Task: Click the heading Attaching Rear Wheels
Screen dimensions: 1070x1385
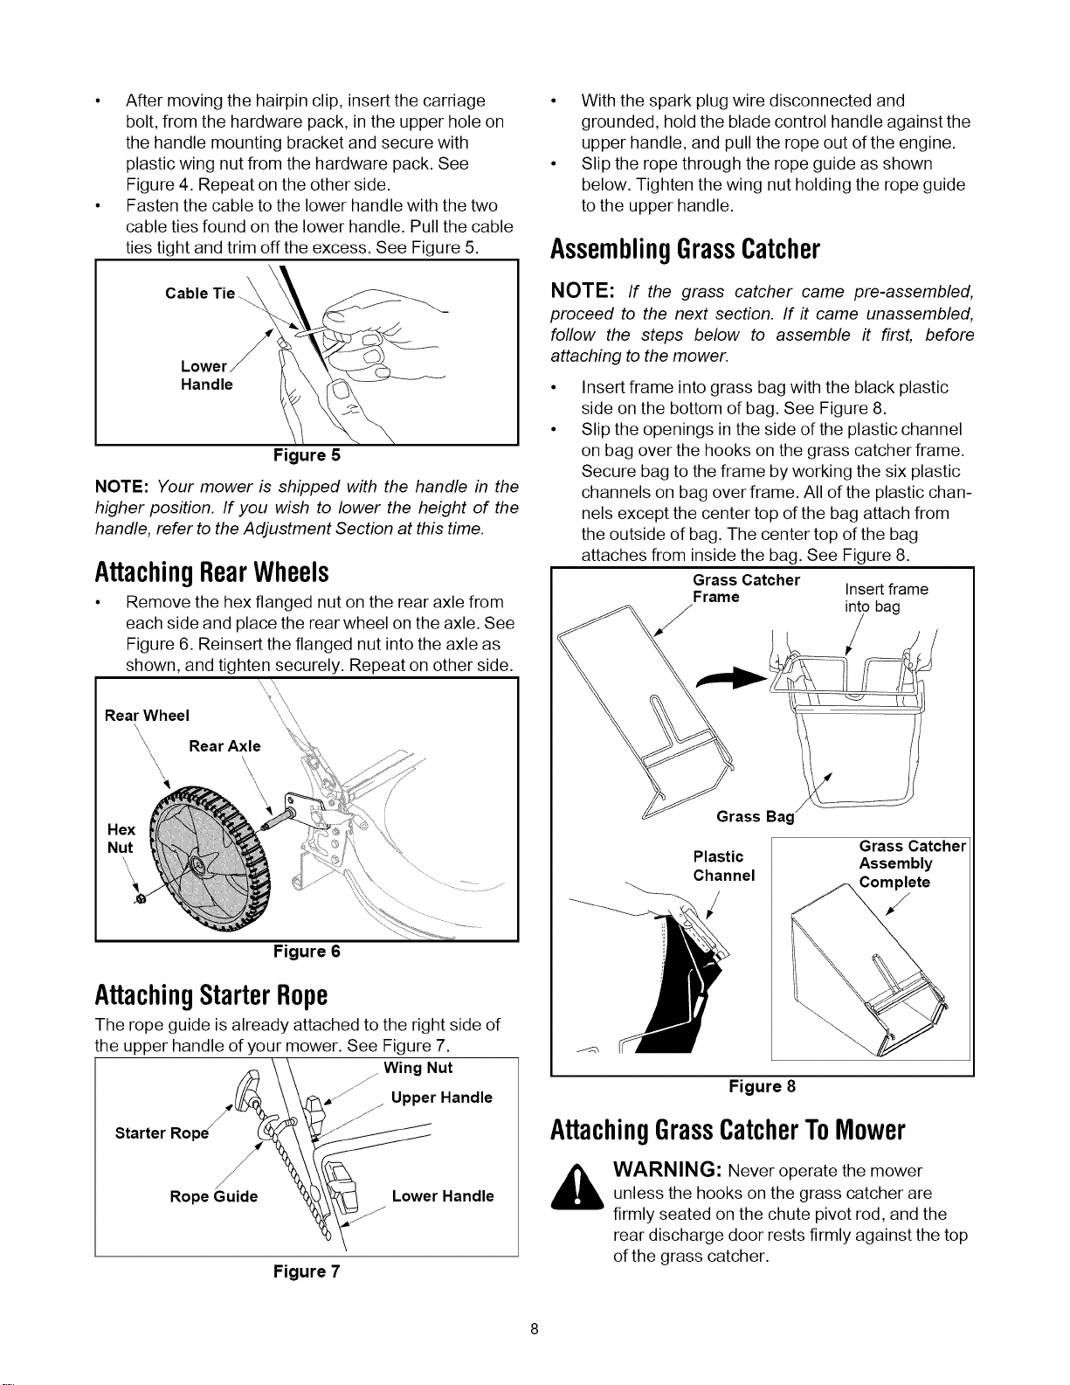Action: pyautogui.click(x=211, y=572)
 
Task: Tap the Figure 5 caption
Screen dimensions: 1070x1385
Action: pyautogui.click(x=307, y=455)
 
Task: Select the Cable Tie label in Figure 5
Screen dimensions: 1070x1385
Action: pyautogui.click(x=200, y=294)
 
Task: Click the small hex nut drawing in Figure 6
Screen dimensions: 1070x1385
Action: pyautogui.click(x=142, y=898)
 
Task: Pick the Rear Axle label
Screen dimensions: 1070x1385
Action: pyautogui.click(x=224, y=746)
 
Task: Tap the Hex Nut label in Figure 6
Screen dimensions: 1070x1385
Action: pyautogui.click(x=121, y=839)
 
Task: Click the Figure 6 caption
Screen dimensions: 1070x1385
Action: pyautogui.click(x=307, y=952)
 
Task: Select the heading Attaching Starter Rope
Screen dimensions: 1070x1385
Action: pyautogui.click(x=211, y=995)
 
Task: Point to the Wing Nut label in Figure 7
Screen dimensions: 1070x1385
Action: pyautogui.click(x=418, y=1068)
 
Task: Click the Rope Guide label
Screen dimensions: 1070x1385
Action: pyautogui.click(x=213, y=1196)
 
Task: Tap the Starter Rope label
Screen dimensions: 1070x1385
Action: pyautogui.click(x=162, y=1132)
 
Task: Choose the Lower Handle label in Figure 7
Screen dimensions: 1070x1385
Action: pyautogui.click(x=443, y=1195)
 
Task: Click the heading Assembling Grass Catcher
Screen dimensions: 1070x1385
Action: pyautogui.click(x=685, y=249)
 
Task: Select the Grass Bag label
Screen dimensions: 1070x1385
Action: pyautogui.click(x=756, y=816)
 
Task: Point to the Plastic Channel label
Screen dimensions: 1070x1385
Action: pyautogui.click(x=724, y=866)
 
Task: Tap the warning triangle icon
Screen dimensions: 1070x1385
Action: pyautogui.click(x=576, y=1187)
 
